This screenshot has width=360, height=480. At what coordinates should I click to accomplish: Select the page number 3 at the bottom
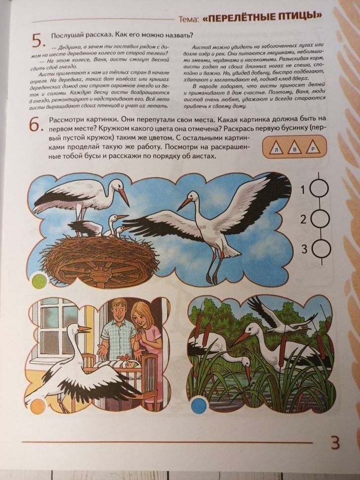coord(335,442)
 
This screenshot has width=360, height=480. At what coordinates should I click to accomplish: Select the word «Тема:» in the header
coord(188,19)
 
